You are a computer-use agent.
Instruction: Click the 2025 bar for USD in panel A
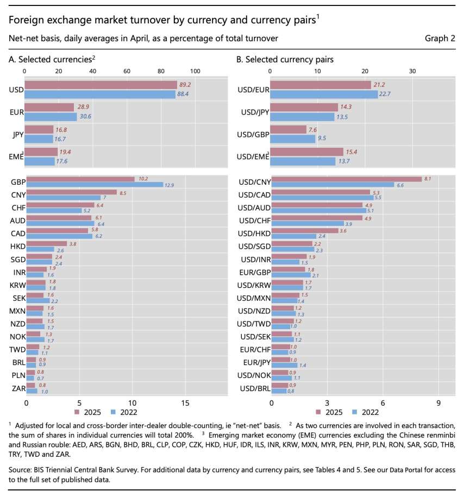pos(101,85)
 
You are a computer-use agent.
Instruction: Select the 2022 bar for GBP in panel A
pos(95,185)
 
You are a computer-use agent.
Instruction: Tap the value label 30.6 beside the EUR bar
pos(85,116)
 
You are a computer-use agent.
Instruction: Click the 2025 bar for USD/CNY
pos(346,179)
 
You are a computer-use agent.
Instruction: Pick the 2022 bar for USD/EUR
pos(324,94)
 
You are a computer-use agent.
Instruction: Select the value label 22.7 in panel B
pos(386,95)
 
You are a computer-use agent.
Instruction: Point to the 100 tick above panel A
pos(195,71)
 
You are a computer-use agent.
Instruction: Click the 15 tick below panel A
pos(185,403)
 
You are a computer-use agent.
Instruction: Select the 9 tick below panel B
pos(438,403)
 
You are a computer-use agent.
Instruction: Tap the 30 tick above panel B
pos(413,71)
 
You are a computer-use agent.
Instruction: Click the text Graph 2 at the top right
pos(441,38)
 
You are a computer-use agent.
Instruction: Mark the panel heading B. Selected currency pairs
pos(285,59)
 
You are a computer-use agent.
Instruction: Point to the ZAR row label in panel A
pos(17,388)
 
